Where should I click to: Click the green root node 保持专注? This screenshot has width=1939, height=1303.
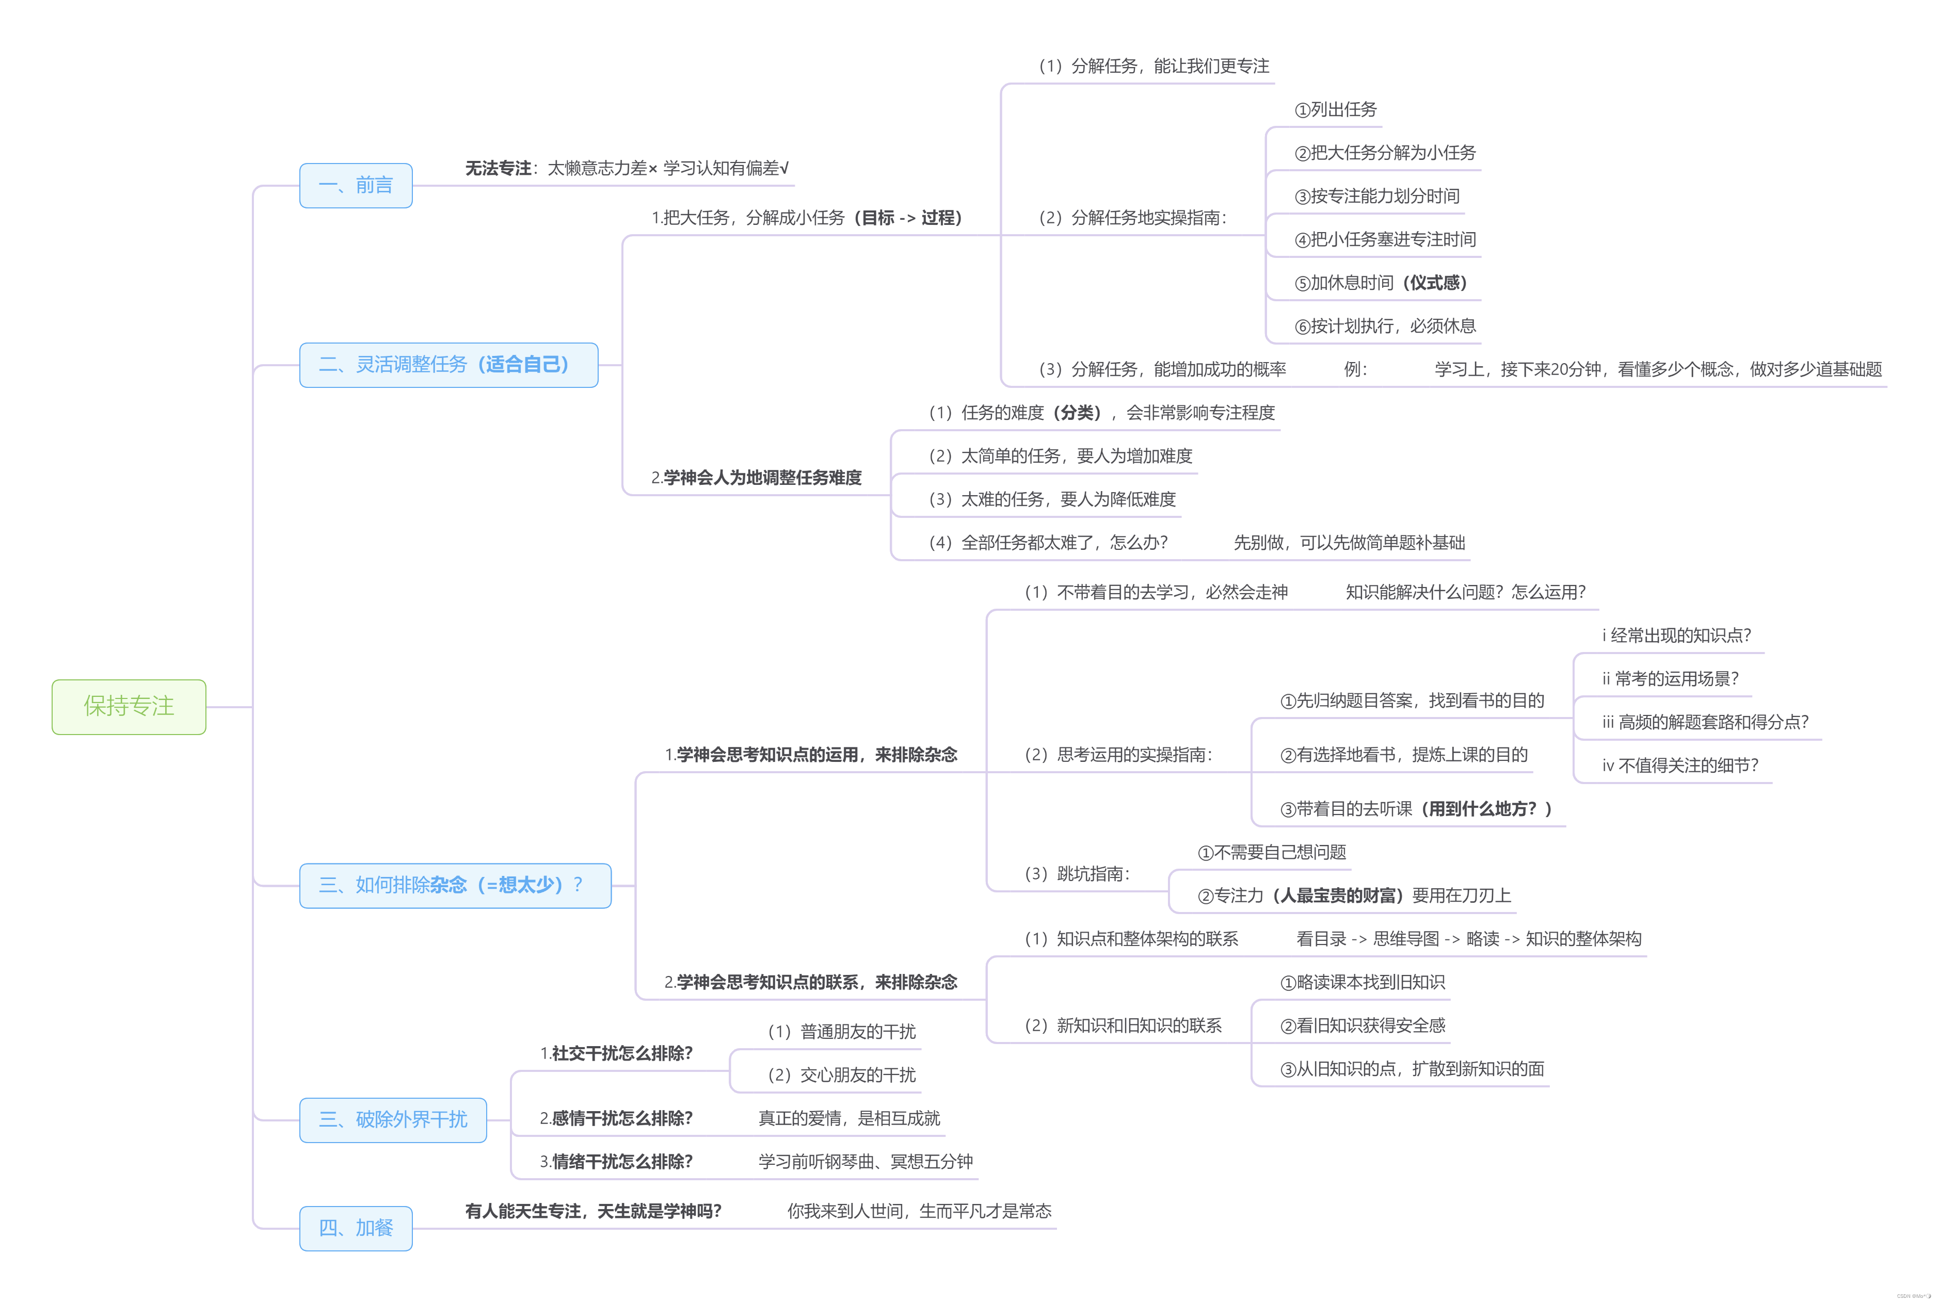point(129,706)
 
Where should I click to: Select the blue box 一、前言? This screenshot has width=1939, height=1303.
point(356,185)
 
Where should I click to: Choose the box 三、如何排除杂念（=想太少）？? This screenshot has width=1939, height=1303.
point(455,885)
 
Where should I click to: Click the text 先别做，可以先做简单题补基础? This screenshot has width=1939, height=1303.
point(1349,543)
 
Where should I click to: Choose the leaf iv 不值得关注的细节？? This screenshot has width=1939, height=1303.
point(1679,765)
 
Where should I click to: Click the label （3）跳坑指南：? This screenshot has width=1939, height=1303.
point(1078,873)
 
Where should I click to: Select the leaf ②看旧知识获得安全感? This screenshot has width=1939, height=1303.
point(1363,1025)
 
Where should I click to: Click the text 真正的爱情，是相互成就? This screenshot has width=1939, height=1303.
point(849,1118)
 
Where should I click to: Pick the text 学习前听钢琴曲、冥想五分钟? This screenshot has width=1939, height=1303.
point(865,1162)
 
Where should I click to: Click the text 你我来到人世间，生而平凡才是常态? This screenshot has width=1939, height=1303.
point(919,1211)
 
